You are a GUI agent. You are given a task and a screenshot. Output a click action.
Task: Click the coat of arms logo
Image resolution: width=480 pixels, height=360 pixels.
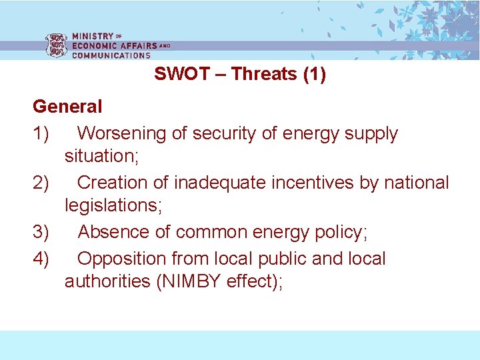(56, 45)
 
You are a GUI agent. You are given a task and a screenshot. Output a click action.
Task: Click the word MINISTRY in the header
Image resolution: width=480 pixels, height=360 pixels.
(93, 36)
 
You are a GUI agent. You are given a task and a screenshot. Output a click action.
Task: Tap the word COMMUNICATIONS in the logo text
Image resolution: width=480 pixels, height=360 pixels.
(111, 55)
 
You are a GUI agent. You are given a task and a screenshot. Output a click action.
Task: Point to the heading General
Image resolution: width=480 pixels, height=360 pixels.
(67, 107)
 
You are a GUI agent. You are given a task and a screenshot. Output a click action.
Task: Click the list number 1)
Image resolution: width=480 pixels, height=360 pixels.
(41, 133)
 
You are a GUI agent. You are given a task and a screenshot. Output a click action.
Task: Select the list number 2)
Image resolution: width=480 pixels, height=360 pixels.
(41, 183)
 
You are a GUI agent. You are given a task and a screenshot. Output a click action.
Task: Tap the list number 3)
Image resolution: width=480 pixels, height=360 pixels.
(41, 232)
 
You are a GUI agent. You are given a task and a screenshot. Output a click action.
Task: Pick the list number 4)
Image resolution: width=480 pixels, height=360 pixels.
(41, 259)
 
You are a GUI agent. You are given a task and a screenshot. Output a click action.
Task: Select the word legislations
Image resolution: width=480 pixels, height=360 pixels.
(111, 206)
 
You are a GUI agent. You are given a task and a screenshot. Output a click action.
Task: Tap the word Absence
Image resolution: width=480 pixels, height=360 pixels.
(113, 232)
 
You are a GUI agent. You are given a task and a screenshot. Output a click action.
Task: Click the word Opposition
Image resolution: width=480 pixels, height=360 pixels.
(125, 259)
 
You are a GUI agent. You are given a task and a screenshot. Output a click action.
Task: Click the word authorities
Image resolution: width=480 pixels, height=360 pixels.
(107, 281)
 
